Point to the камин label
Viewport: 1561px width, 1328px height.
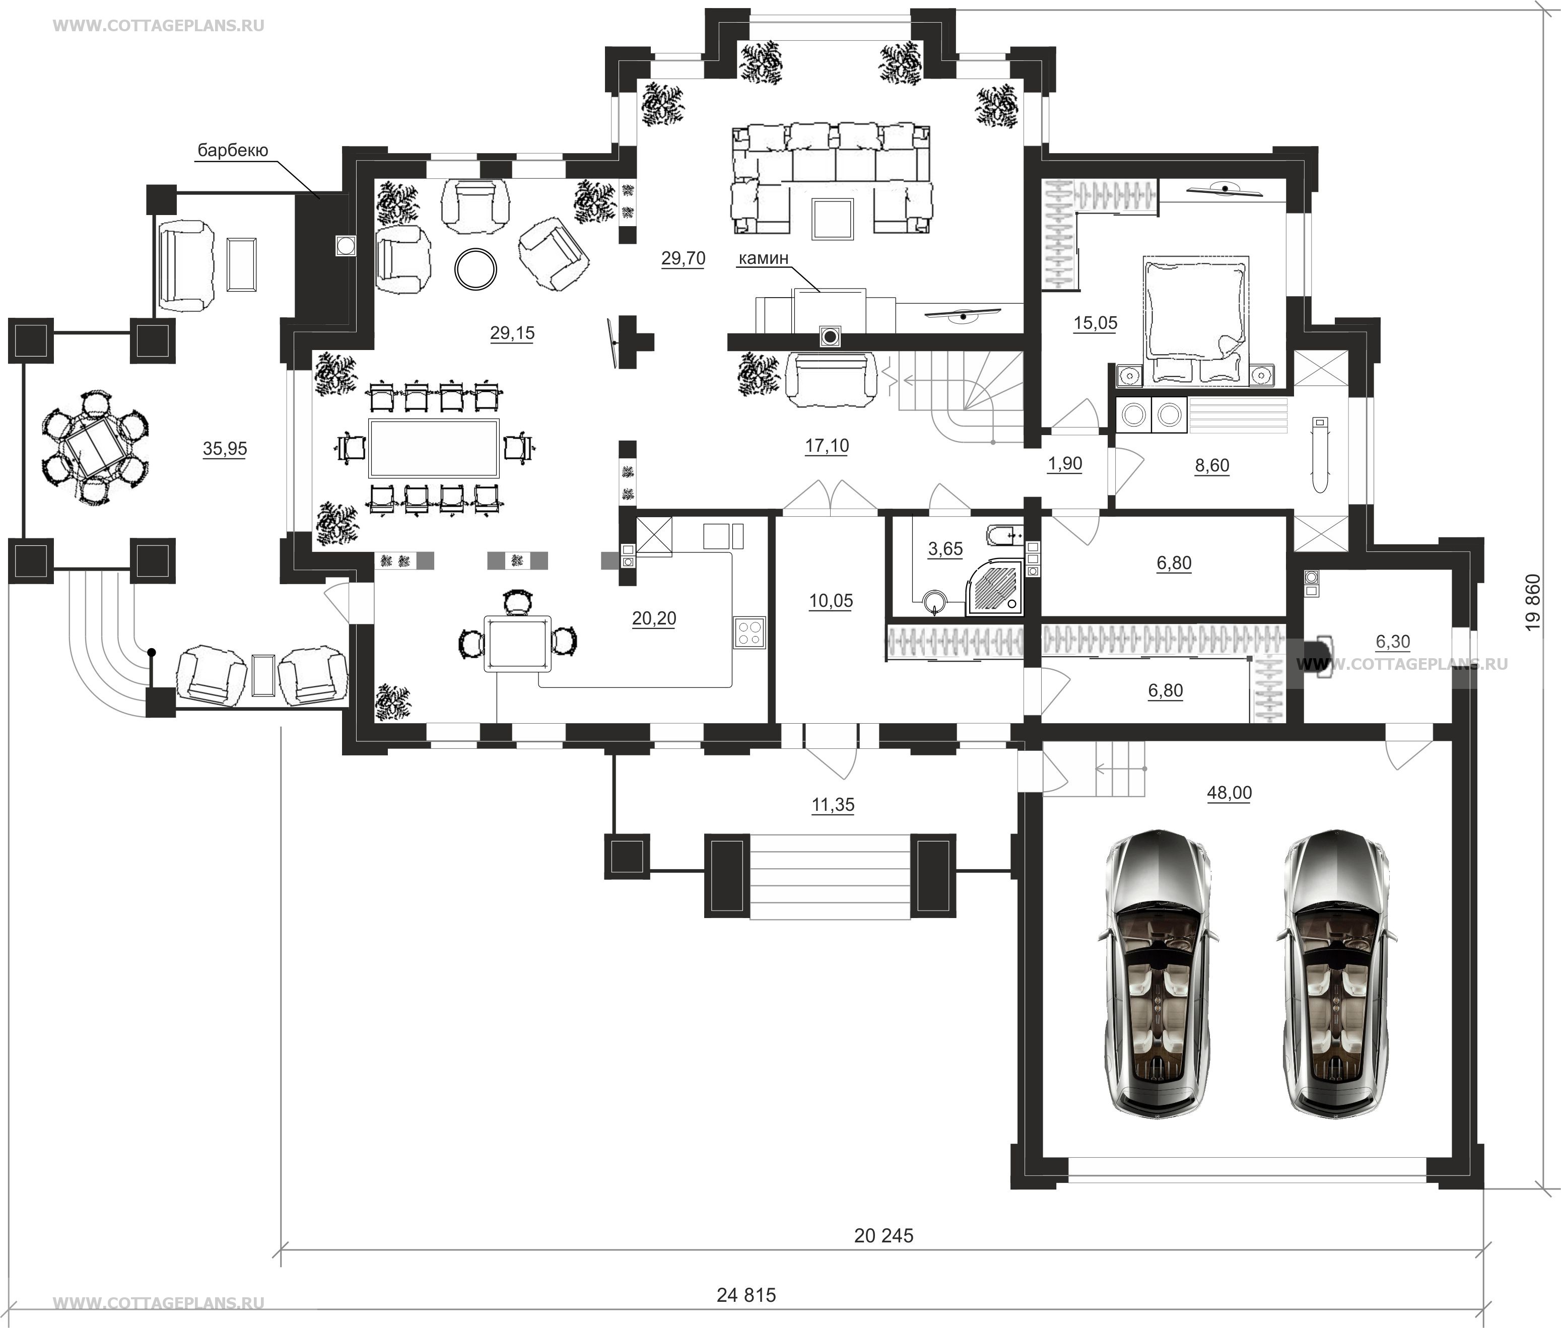tap(763, 258)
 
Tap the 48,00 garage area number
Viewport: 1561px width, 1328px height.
tap(1229, 793)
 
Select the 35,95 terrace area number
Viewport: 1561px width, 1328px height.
tap(224, 449)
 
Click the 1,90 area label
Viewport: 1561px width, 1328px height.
tap(1065, 464)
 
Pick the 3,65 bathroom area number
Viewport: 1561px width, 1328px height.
tap(945, 549)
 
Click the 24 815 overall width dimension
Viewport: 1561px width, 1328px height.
tap(745, 1295)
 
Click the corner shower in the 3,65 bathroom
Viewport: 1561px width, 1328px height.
tap(995, 584)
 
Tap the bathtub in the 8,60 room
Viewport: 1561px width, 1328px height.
tap(1319, 455)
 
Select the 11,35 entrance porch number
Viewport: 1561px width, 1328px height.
tap(833, 805)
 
